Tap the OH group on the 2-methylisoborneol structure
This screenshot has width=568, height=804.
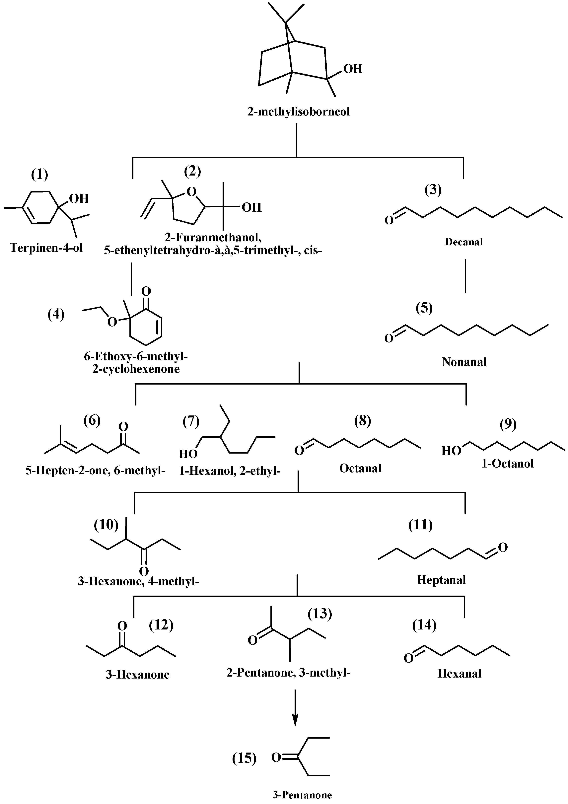[x=353, y=69]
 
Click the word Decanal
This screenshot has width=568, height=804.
[x=464, y=242]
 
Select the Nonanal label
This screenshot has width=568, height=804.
[x=464, y=362]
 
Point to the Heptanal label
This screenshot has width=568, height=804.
[x=441, y=580]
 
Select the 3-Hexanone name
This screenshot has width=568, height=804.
[x=138, y=674]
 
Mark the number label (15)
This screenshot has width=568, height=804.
[x=244, y=759]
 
